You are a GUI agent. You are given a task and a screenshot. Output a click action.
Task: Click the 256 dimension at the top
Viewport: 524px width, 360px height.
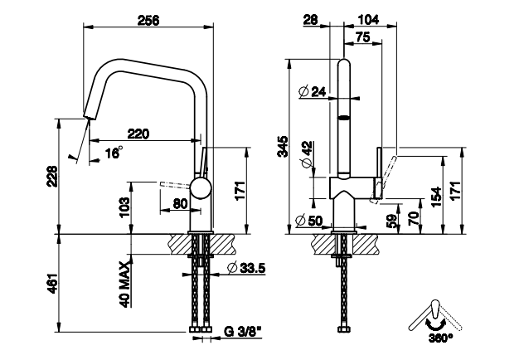pyautogui.click(x=148, y=21)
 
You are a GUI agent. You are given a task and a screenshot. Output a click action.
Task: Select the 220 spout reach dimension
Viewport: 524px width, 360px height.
pyautogui.click(x=138, y=134)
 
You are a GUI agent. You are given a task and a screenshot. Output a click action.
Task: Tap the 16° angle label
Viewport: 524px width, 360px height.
pyautogui.click(x=114, y=153)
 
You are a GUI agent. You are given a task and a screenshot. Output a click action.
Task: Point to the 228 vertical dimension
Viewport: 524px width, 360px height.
pyautogui.click(x=52, y=176)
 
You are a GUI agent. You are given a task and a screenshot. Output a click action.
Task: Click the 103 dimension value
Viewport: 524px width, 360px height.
pyautogui.click(x=124, y=207)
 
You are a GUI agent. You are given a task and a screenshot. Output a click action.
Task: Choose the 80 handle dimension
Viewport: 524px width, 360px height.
pyautogui.click(x=181, y=203)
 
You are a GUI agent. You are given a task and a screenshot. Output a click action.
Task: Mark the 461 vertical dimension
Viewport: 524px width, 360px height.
pyautogui.click(x=52, y=284)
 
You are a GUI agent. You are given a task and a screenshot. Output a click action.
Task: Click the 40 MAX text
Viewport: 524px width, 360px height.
pyautogui.click(x=124, y=285)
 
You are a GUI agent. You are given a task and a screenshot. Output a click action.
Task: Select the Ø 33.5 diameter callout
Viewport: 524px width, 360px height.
pyautogui.click(x=245, y=268)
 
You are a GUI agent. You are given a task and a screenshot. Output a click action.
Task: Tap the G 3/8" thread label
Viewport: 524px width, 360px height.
pyautogui.click(x=243, y=332)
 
